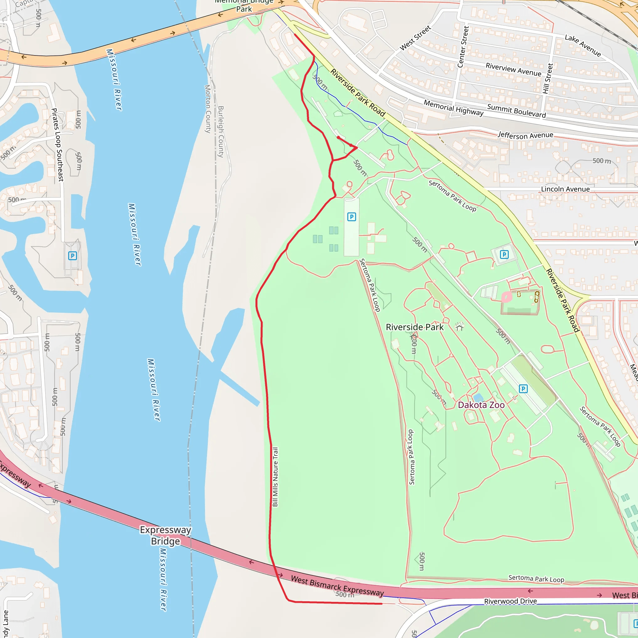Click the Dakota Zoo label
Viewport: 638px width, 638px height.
coord(481,405)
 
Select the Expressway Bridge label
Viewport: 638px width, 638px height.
coord(165,535)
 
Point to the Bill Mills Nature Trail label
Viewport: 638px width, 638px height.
coord(275,477)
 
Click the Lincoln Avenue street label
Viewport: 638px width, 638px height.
coord(565,189)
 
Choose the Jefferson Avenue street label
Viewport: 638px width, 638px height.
coord(526,136)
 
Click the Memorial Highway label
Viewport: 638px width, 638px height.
coord(453,108)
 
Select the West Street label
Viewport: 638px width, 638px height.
coord(416,38)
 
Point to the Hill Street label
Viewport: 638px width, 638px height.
coord(548,79)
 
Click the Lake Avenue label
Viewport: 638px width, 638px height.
coord(583,45)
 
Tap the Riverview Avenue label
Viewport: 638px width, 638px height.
coord(513,69)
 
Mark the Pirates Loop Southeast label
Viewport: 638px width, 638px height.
coord(57,145)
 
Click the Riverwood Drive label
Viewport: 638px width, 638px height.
coord(511,601)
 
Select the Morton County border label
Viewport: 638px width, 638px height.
coord(208,109)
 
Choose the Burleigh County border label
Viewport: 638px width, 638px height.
coord(221,131)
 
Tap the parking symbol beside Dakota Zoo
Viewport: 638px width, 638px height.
coord(523,389)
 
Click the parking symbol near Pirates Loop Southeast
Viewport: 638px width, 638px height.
coord(73,255)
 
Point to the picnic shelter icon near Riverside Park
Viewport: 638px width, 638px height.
coord(460,326)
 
